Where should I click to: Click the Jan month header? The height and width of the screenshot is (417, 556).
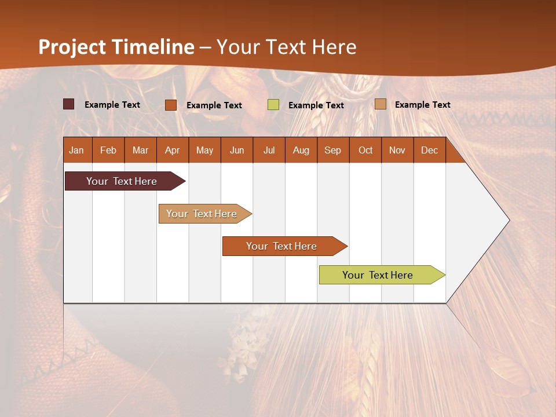76,150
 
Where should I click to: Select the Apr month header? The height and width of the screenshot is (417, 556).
172,150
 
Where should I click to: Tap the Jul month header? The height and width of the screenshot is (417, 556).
269,150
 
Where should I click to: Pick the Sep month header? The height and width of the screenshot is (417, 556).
332,150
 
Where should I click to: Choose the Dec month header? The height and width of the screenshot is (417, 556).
429,150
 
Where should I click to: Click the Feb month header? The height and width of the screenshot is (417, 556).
108,150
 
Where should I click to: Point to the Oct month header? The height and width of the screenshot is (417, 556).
365,150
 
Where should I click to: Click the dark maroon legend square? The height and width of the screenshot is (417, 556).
68,104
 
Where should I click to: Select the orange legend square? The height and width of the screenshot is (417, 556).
170,105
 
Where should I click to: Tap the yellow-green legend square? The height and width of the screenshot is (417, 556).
273,105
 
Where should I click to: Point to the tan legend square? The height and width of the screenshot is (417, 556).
380,104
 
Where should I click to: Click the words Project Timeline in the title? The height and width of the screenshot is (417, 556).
116,47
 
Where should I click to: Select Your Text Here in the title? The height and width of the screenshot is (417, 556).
287,47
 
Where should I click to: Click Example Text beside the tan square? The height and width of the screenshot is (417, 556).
422,105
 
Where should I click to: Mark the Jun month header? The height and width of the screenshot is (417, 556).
237,150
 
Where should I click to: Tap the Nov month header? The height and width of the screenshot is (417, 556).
397,150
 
